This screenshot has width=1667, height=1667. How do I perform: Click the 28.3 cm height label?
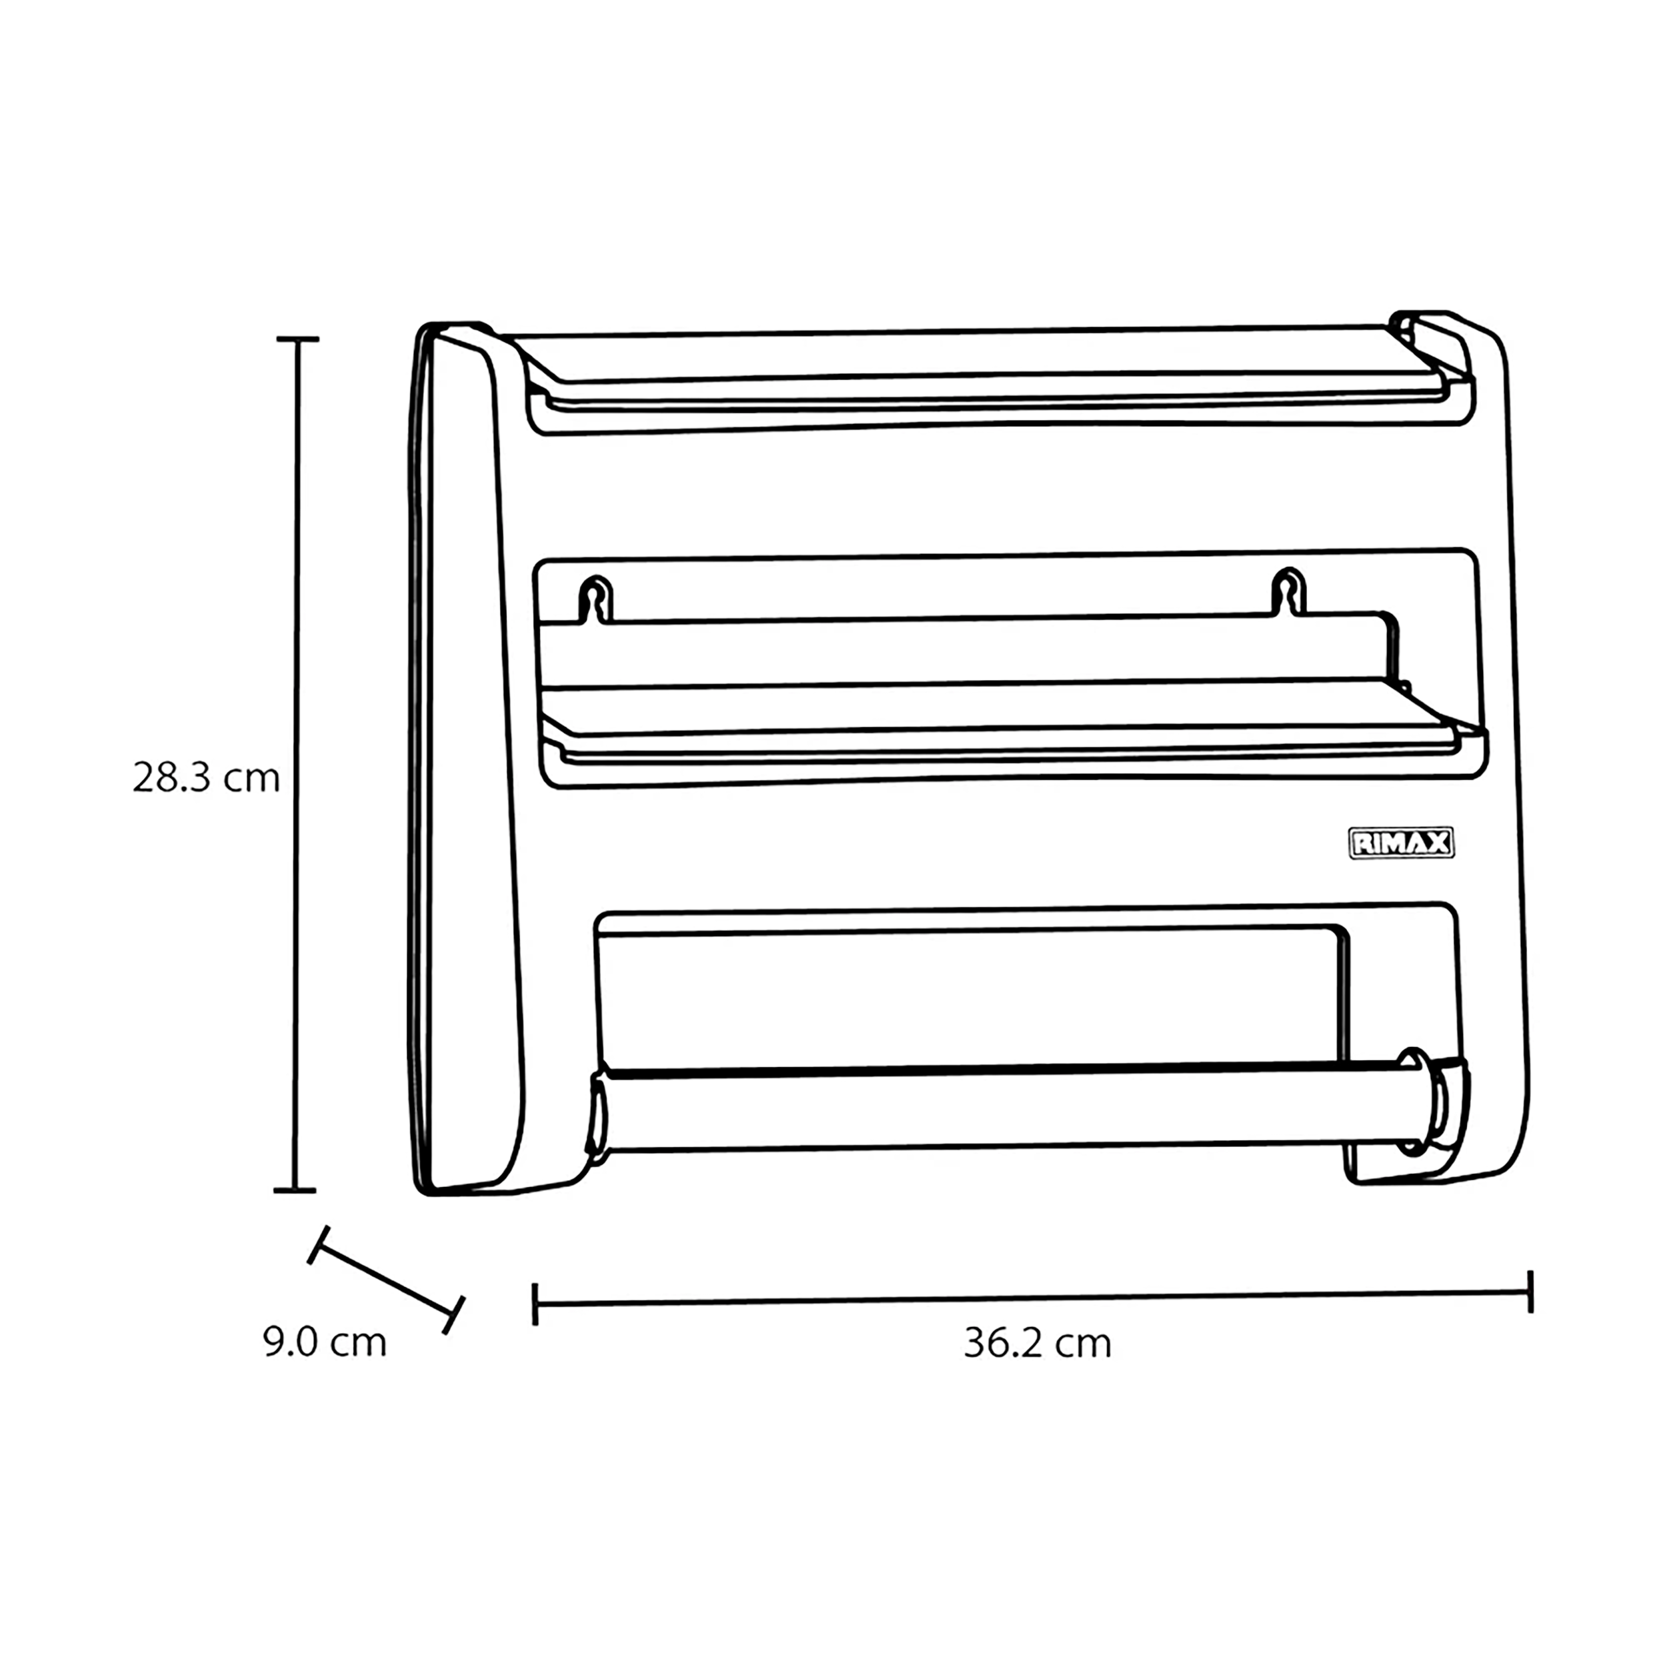pyautogui.click(x=206, y=778)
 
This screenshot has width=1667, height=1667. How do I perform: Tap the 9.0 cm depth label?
pyautogui.click(x=325, y=1342)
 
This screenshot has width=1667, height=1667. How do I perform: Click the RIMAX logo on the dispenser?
pyautogui.click(x=1401, y=843)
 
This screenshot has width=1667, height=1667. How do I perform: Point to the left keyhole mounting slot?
pyautogui.click(x=595, y=599)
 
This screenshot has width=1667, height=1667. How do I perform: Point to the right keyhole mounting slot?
pyautogui.click(x=1288, y=592)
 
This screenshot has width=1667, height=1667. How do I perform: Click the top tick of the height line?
pyautogui.click(x=297, y=339)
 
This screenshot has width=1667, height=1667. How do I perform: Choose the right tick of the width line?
pyautogui.click(x=1531, y=1292)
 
